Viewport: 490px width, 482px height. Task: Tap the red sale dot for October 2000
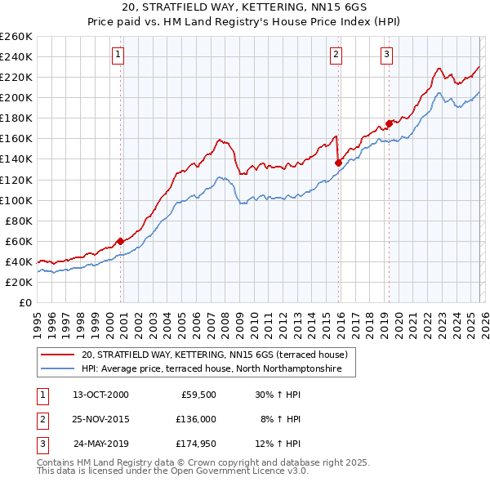tap(120, 241)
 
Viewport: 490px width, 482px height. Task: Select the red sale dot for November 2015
tap(338, 163)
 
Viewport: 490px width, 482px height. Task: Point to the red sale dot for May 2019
tap(389, 123)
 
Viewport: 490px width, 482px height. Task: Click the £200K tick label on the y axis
tap(16, 97)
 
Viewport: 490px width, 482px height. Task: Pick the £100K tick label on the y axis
tap(16, 200)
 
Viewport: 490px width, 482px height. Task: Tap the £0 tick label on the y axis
tap(24, 302)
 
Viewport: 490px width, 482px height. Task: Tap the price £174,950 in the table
tap(193, 444)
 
